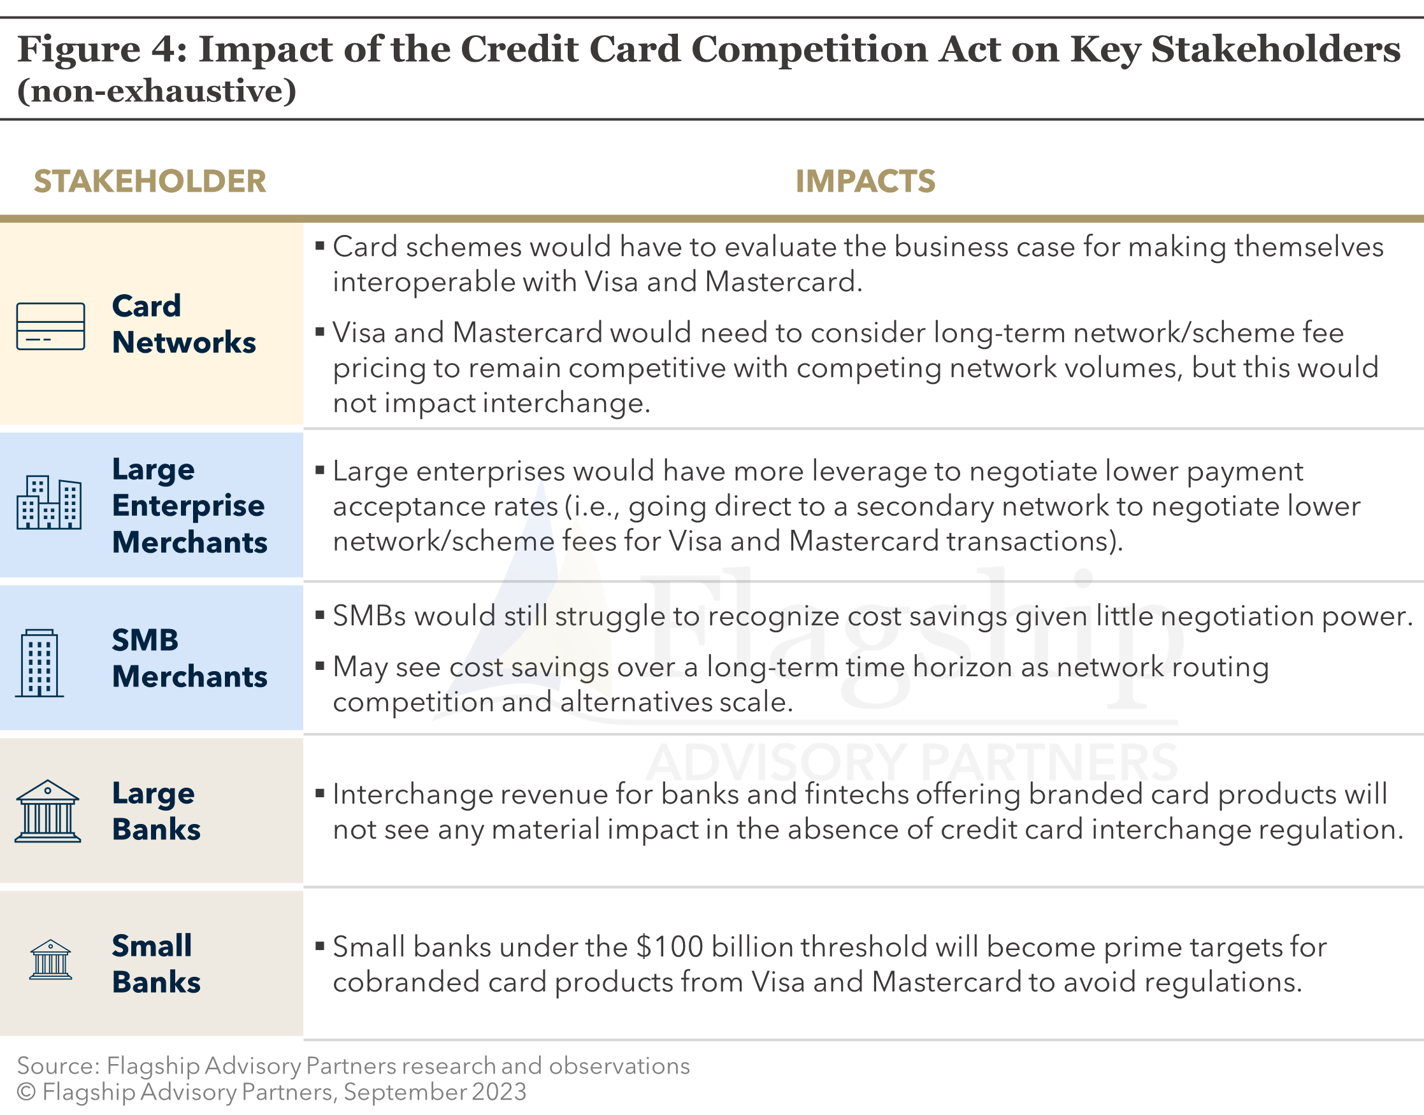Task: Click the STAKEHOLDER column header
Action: [x=150, y=181]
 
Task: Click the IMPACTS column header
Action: [x=865, y=181]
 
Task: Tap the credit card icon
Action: [x=50, y=327]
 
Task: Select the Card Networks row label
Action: [x=183, y=325]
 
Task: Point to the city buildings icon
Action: [x=49, y=502]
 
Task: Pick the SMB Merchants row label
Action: [x=189, y=658]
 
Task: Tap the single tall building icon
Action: [x=40, y=664]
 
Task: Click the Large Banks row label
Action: [x=156, y=811]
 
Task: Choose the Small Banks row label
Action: [x=156, y=963]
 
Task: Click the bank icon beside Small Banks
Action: [x=50, y=960]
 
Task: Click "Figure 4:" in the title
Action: [x=102, y=50]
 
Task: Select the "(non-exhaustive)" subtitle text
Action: [x=157, y=90]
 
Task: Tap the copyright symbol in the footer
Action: [x=26, y=1093]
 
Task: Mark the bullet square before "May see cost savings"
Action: [x=320, y=666]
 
